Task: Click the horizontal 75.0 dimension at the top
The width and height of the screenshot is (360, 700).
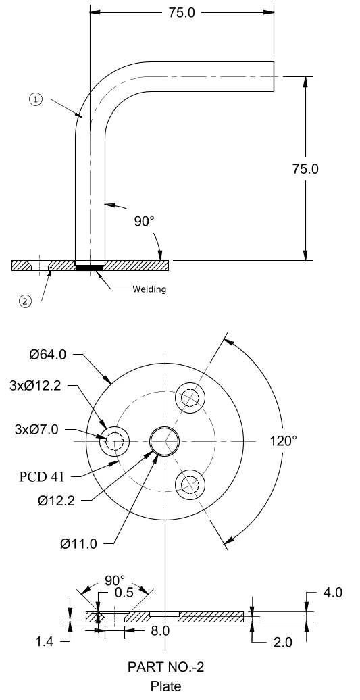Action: tap(182, 12)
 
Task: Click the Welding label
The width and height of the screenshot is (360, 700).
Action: tap(148, 289)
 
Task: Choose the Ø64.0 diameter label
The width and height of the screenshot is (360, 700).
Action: tap(47, 353)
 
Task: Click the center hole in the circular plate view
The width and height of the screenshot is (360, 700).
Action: tap(165, 441)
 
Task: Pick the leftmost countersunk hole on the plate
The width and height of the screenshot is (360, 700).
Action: tap(113, 443)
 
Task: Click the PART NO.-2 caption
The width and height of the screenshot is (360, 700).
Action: tap(165, 668)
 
